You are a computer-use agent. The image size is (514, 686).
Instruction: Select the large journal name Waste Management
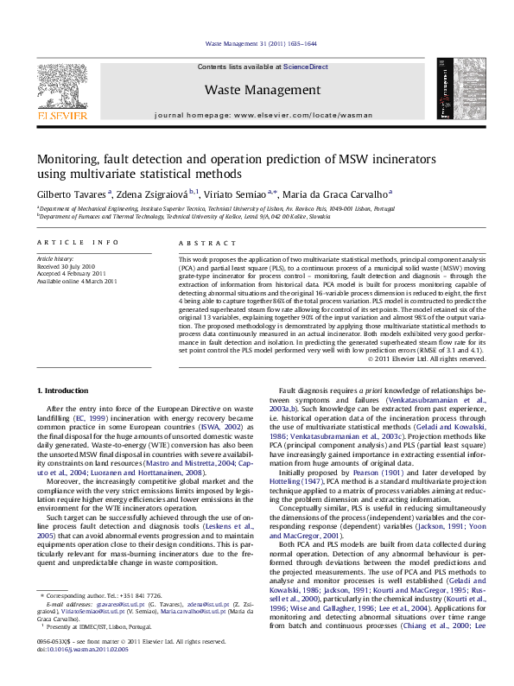(263, 90)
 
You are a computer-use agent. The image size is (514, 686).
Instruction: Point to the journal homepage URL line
(263, 115)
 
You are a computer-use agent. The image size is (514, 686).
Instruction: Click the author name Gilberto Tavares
(73, 194)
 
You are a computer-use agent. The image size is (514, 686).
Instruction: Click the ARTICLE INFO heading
(78, 244)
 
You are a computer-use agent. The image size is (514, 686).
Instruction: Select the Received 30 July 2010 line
(67, 266)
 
